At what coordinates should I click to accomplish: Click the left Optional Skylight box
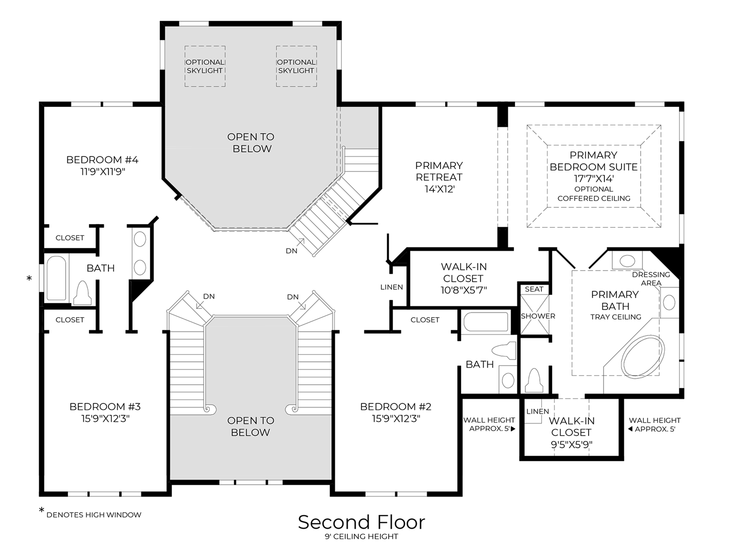(x=205, y=66)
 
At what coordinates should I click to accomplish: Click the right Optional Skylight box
(x=296, y=66)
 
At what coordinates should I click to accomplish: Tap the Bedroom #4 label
(x=102, y=160)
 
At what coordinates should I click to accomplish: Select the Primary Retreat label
(x=439, y=171)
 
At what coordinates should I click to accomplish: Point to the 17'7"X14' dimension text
(x=594, y=179)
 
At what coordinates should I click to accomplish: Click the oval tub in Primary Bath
(x=643, y=357)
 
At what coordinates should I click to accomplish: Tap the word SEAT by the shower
(x=534, y=289)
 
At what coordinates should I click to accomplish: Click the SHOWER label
(x=538, y=316)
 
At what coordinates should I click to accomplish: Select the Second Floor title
(x=361, y=522)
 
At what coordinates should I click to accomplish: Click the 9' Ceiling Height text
(x=361, y=536)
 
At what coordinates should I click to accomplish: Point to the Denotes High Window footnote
(x=94, y=515)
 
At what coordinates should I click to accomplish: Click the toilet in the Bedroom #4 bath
(x=82, y=293)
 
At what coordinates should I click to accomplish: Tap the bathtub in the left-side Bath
(x=56, y=278)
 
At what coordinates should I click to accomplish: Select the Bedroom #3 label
(x=105, y=406)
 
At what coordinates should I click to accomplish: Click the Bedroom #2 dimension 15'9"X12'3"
(x=396, y=419)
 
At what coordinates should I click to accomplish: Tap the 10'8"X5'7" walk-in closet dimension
(x=463, y=290)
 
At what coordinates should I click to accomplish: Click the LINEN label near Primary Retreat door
(x=392, y=287)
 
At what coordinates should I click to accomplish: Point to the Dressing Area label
(x=651, y=279)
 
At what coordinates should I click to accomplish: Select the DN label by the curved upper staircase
(x=291, y=251)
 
